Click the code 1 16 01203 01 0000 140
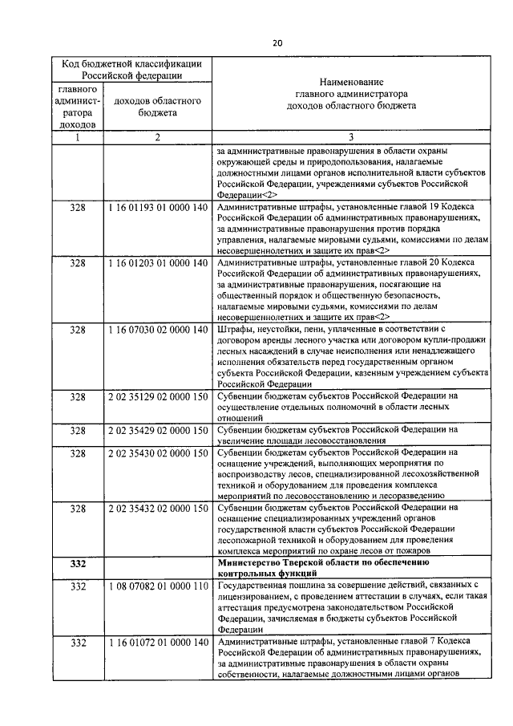coord(157,262)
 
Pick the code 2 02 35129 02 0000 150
coord(157,396)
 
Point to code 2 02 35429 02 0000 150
coord(157,430)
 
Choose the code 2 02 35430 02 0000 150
coord(157,453)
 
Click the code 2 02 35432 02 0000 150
coord(157,509)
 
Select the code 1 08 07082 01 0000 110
coord(157,588)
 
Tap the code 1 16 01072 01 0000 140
coord(157,643)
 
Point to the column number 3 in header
coord(351,137)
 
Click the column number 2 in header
coord(157,137)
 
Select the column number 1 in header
coord(78,137)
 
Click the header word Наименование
coord(351,82)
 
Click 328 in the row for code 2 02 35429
coord(78,430)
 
